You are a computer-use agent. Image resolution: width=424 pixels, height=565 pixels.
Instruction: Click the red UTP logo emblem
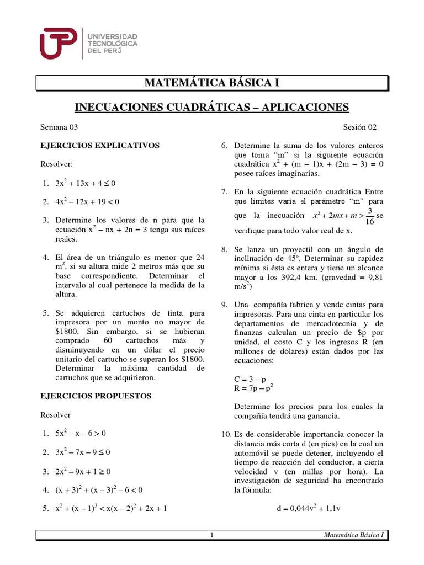point(59,42)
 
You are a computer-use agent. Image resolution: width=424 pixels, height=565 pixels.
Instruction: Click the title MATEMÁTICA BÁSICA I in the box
point(212,83)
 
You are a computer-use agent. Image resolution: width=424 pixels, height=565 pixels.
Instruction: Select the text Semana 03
point(59,127)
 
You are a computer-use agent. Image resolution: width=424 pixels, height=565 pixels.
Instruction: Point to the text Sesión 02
point(359,127)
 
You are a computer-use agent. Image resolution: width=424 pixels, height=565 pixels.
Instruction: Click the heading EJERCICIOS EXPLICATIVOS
point(99,146)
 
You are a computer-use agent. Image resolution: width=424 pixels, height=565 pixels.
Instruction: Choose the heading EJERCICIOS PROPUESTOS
point(96,396)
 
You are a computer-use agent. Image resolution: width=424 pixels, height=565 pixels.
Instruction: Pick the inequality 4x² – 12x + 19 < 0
point(87,201)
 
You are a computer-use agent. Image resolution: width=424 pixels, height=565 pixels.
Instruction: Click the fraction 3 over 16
point(369,216)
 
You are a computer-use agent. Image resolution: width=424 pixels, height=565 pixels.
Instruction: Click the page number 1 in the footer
point(212,536)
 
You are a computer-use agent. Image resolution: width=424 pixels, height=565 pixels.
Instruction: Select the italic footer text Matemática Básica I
point(354,536)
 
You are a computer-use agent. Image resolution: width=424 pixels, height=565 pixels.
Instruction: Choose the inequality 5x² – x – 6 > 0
point(81,434)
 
